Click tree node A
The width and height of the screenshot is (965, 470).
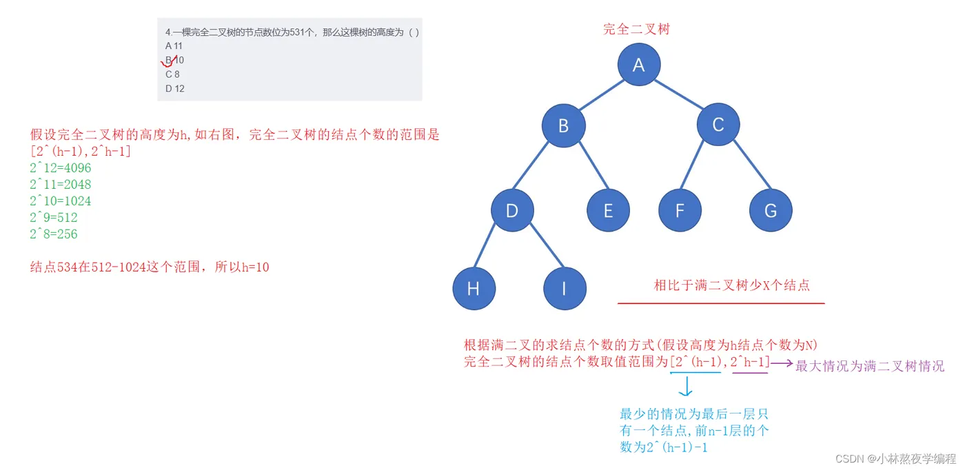639,65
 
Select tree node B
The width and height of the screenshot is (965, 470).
564,126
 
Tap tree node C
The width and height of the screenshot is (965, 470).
718,125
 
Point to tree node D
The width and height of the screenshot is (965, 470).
512,210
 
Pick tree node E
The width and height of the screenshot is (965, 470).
608,210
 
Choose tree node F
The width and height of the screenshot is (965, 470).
680,210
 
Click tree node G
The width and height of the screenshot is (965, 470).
771,210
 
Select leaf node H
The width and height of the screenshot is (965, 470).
474,288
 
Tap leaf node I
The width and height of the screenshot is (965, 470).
565,288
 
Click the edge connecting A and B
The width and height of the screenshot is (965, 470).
601,95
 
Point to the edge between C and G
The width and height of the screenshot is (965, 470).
752,165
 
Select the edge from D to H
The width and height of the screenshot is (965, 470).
484,245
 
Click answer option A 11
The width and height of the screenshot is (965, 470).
174,45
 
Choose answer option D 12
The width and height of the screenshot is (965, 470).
175,88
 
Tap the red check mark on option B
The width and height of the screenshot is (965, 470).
168,61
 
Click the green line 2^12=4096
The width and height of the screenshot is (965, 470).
61,167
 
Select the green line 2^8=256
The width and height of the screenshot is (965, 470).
54,234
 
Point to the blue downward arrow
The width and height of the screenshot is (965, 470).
686,386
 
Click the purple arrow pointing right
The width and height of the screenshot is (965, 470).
782,364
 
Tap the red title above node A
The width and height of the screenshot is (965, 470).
636,29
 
